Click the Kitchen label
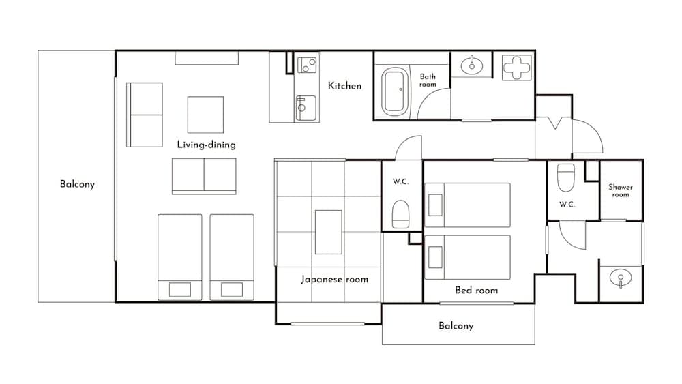(344, 85)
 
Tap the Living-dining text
(206, 144)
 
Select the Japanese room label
(334, 279)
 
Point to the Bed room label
(476, 290)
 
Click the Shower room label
(621, 191)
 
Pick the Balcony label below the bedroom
(456, 325)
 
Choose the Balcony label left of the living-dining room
(77, 184)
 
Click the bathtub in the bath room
(394, 91)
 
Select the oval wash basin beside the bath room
(471, 65)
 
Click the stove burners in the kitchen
(308, 65)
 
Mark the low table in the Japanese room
(328, 232)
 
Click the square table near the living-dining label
(205, 115)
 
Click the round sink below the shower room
(621, 278)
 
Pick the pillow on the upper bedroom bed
(435, 205)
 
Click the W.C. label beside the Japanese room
(400, 181)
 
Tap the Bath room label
(428, 80)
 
